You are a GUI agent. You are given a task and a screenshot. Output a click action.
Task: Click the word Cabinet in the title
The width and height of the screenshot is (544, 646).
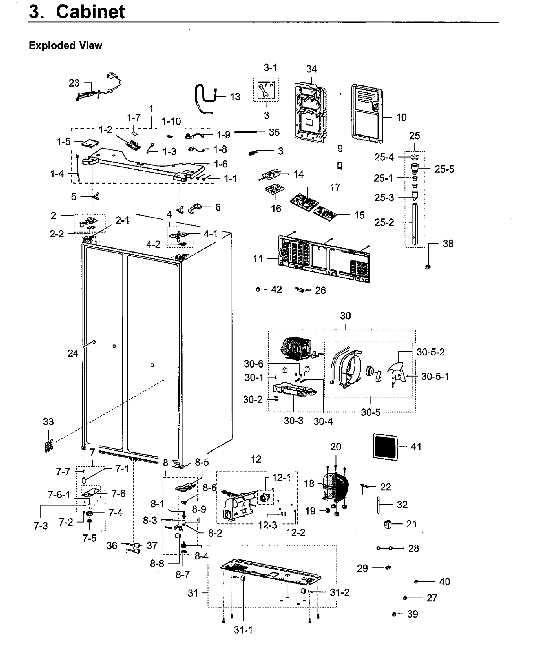tap(90, 12)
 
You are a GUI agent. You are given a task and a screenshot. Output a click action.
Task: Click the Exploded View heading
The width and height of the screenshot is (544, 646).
tap(65, 46)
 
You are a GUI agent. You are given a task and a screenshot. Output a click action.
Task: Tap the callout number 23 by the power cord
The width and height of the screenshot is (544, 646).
tap(74, 83)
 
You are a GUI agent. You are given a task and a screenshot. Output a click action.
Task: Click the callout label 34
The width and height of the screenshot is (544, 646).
tap(311, 69)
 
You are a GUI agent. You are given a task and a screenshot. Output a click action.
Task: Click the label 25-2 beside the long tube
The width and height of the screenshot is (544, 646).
tap(384, 222)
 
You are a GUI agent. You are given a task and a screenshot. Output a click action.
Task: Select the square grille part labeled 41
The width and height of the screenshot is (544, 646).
tap(385, 446)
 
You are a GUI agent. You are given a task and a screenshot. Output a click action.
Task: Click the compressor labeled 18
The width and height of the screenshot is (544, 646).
tap(335, 487)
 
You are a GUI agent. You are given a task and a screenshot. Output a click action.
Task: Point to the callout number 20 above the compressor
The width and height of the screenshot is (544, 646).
tap(336, 447)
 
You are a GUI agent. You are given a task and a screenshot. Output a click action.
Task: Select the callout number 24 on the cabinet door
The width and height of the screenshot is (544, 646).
tap(73, 353)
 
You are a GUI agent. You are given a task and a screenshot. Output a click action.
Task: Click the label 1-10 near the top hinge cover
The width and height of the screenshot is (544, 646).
tap(171, 121)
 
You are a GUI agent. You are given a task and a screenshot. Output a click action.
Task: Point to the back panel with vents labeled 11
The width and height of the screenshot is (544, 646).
tap(324, 259)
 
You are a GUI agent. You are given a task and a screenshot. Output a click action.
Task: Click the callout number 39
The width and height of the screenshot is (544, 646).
tap(412, 614)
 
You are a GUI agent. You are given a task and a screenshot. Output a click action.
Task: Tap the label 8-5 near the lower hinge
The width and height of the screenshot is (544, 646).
tap(202, 462)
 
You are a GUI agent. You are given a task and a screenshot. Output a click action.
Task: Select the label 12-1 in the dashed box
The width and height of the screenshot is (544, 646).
tap(281, 478)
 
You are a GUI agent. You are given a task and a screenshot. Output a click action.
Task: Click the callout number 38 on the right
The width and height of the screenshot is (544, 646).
tap(448, 243)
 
